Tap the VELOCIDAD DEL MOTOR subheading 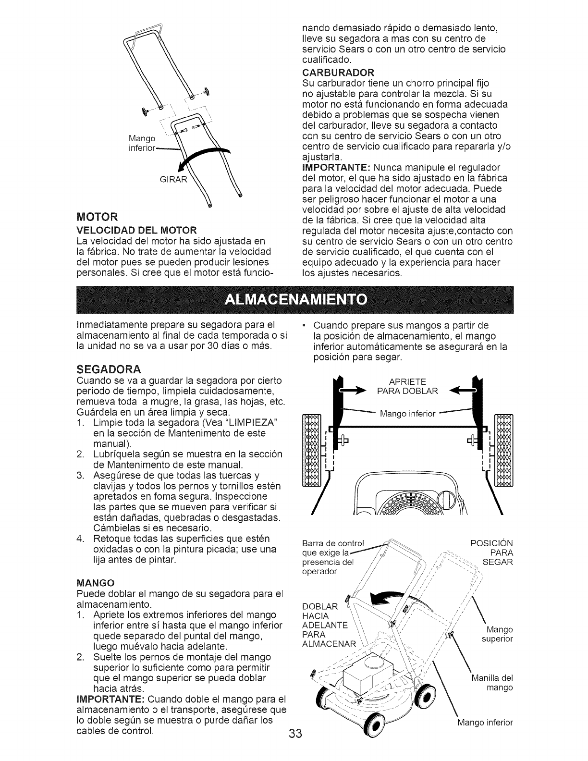click(x=136, y=229)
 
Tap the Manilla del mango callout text click(x=492, y=683)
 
